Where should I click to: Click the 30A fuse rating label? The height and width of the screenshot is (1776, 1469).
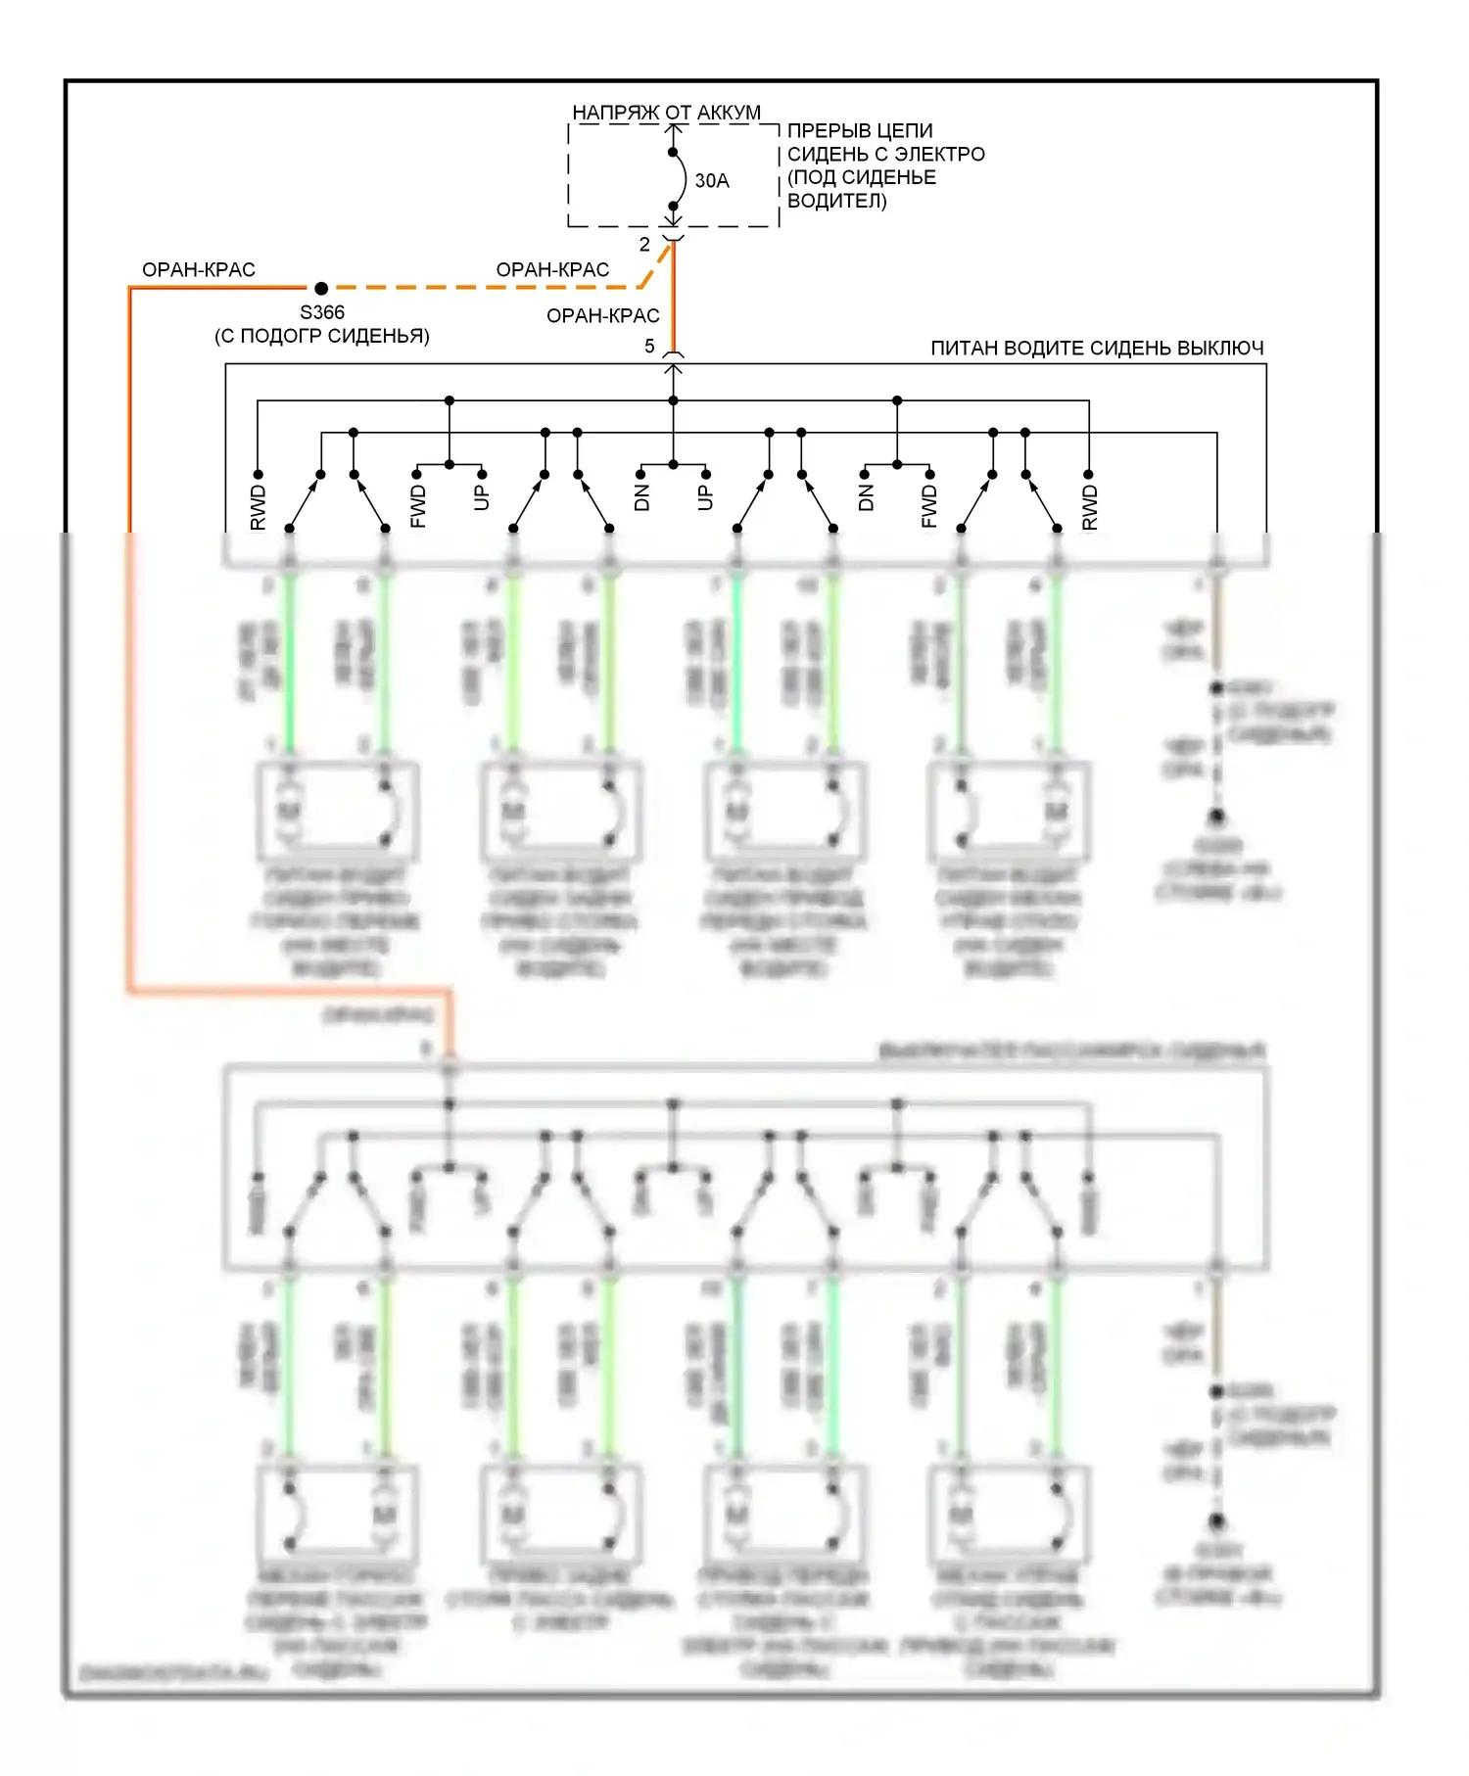(x=712, y=181)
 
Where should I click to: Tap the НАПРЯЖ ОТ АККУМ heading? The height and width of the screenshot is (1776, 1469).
(x=666, y=113)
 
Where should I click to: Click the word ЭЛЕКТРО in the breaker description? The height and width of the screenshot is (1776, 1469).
(x=939, y=154)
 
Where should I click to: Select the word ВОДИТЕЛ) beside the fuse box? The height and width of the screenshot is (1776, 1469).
(x=837, y=201)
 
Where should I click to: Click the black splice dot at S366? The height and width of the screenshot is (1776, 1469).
(x=321, y=288)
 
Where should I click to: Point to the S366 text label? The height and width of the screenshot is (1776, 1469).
(x=322, y=312)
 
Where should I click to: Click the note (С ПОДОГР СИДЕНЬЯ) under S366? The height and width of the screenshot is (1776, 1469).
(x=322, y=336)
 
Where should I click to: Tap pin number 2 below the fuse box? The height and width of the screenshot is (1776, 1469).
(x=644, y=244)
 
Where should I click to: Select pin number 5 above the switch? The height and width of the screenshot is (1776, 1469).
(x=649, y=346)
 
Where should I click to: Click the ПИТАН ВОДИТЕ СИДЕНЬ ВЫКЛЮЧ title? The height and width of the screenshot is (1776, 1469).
(x=1097, y=348)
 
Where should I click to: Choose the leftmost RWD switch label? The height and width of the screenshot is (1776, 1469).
(x=259, y=507)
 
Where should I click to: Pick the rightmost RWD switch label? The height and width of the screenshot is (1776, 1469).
(x=1090, y=507)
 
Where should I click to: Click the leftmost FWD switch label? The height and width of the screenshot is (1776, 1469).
(x=418, y=507)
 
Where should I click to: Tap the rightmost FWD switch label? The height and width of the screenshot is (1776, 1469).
(x=929, y=507)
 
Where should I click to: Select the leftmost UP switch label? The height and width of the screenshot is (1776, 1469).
(x=481, y=497)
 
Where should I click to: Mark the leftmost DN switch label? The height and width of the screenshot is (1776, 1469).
(x=642, y=497)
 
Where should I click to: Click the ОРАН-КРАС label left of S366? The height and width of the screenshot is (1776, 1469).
(x=199, y=269)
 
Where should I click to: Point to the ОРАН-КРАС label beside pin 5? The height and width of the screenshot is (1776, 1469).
(x=603, y=315)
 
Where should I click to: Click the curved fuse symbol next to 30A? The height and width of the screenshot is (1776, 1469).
(x=679, y=180)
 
